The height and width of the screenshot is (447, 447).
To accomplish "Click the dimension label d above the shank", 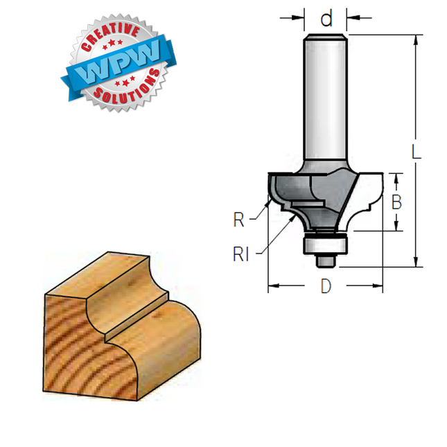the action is click(326, 18).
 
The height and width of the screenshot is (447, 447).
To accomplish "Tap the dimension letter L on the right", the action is click(417, 152).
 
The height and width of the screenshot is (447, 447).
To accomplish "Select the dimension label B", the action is click(396, 202).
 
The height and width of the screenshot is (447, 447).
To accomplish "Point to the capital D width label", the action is click(326, 286).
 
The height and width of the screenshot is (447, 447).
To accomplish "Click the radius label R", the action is click(239, 220).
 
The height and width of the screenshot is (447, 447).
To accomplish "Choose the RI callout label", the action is click(241, 254).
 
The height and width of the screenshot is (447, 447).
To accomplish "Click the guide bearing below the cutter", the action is click(325, 245).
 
